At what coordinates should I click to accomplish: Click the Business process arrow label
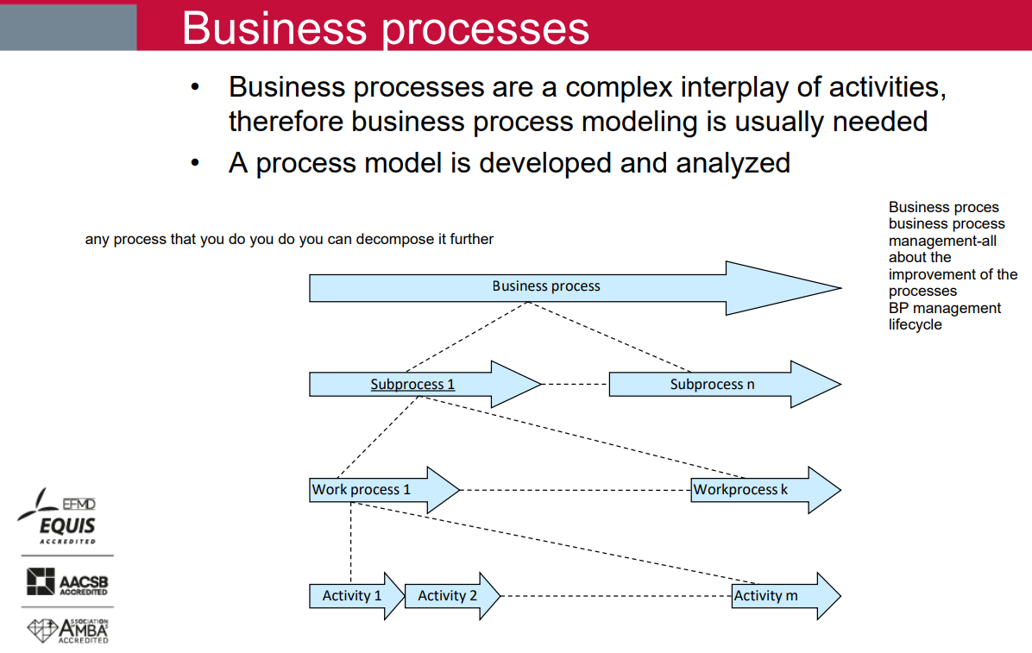coord(546,286)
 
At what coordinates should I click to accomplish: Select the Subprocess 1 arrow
coord(425,385)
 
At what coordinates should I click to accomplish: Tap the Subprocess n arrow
coord(726,385)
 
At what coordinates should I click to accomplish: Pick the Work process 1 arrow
coord(384,490)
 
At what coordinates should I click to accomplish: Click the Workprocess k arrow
coord(766,490)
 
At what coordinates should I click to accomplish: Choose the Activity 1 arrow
coord(356,596)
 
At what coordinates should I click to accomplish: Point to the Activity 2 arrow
coord(452,596)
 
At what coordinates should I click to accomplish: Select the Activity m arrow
coord(786,596)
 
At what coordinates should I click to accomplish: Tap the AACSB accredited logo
coord(67,582)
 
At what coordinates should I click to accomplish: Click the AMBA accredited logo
coord(68,631)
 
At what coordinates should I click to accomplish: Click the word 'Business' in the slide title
coord(274,28)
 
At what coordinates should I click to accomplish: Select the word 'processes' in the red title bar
coord(486,29)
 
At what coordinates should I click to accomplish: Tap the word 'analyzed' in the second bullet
coord(733,163)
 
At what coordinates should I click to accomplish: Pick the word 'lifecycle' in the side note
coord(915,324)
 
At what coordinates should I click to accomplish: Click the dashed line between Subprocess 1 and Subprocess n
coord(576,385)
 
